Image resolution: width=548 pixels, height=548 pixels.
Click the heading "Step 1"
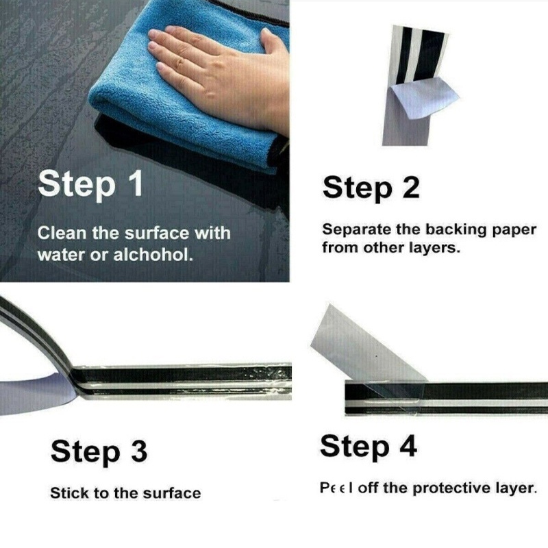90,184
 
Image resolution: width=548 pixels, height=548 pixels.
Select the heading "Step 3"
99,451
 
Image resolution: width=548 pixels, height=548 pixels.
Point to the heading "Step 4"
369,447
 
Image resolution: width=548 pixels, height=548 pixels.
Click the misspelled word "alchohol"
153,255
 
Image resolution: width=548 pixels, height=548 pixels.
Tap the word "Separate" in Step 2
356,230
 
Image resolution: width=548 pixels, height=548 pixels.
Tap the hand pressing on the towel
216,75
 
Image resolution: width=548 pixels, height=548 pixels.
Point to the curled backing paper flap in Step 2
424,100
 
